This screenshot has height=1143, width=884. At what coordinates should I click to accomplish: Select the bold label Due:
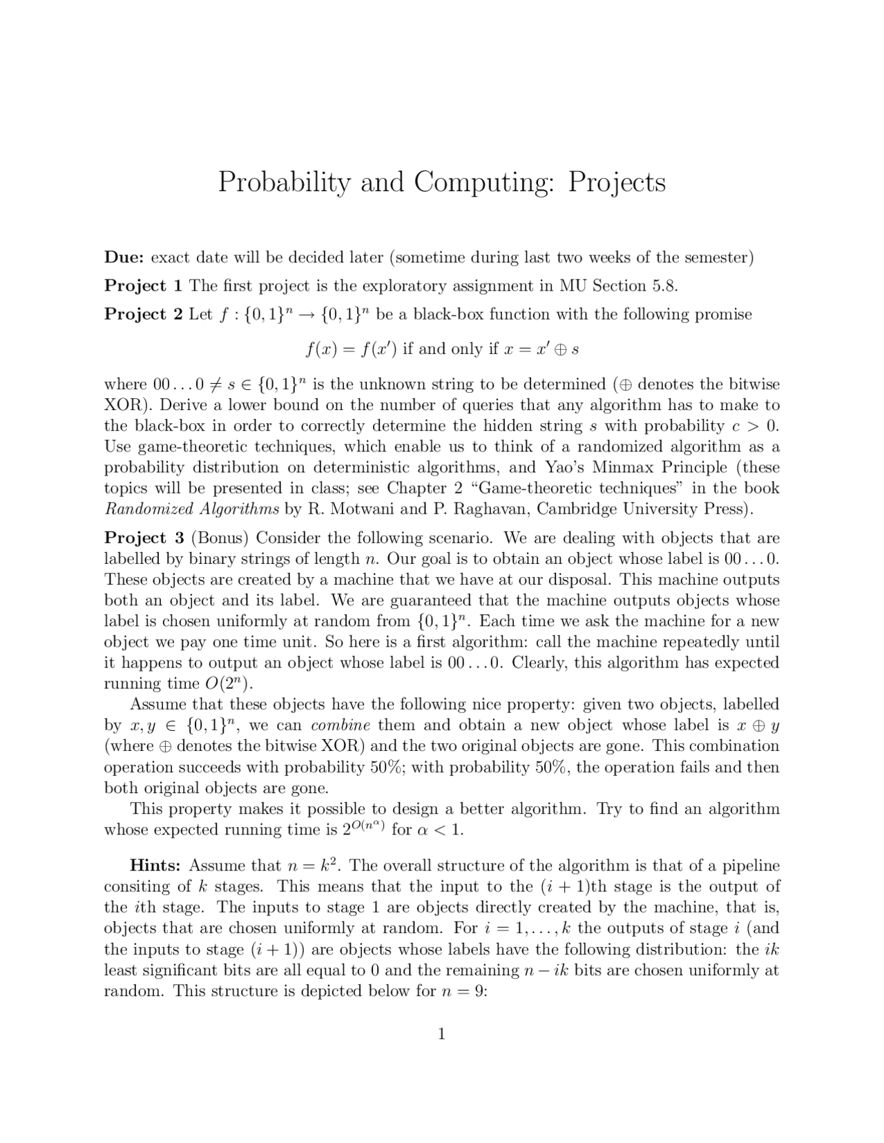[124, 258]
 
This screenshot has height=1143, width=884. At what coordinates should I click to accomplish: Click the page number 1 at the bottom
[442, 1033]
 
